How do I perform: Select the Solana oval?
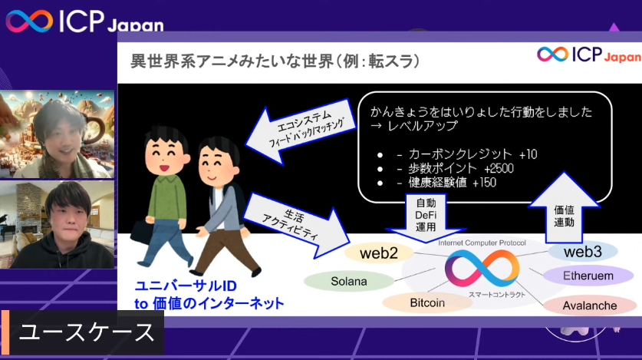pyautogui.click(x=349, y=281)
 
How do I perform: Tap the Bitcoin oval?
pyautogui.click(x=427, y=302)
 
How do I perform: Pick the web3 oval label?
pyautogui.click(x=583, y=252)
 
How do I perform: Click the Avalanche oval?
pyautogui.click(x=589, y=306)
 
